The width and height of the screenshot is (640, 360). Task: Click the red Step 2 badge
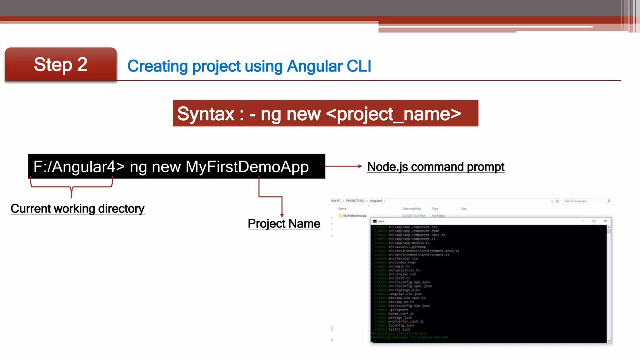(x=61, y=65)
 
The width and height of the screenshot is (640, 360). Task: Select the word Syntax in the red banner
(x=206, y=114)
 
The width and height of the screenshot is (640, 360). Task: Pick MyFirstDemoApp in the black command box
(x=247, y=167)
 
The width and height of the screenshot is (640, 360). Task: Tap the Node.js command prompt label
(x=436, y=167)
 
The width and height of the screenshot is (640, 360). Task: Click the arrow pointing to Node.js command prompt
(x=344, y=166)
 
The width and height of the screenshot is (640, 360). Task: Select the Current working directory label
(x=77, y=209)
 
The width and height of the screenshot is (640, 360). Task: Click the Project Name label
(x=284, y=224)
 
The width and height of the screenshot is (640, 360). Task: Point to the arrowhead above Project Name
(x=282, y=215)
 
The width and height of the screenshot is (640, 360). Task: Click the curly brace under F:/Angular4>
(x=72, y=187)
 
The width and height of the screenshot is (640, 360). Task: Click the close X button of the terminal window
(x=605, y=221)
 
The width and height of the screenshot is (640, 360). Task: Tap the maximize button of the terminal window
(x=594, y=221)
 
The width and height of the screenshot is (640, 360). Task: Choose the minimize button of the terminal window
(x=583, y=221)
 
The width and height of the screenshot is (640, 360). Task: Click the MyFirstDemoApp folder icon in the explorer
(x=341, y=216)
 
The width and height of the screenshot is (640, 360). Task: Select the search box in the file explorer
(x=584, y=201)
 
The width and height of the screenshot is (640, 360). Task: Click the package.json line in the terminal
(x=400, y=317)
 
